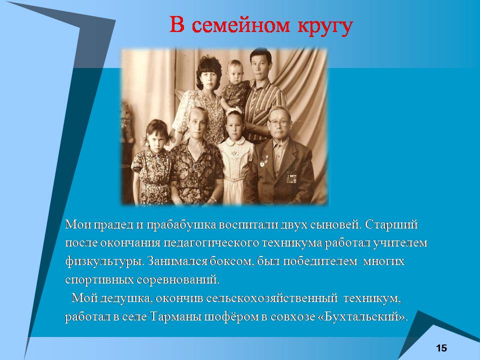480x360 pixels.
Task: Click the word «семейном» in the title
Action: pyautogui.click(x=240, y=25)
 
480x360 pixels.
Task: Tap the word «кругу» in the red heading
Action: pyautogui.click(x=325, y=27)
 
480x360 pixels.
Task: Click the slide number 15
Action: pyautogui.click(x=441, y=348)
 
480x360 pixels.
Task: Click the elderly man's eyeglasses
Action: pyautogui.click(x=278, y=123)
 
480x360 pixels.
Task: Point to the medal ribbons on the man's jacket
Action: pyautogui.click(x=291, y=178)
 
